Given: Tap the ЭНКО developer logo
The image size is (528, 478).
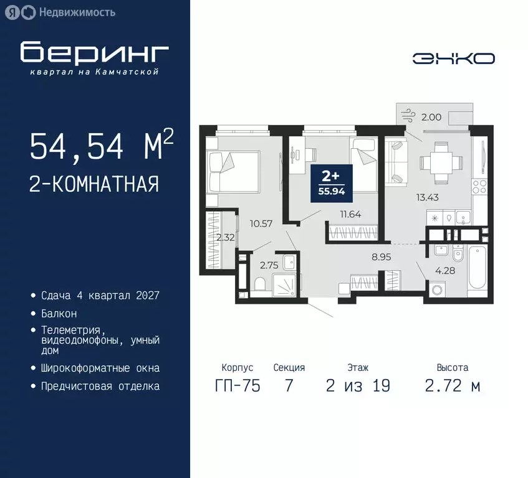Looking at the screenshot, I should tap(453, 59).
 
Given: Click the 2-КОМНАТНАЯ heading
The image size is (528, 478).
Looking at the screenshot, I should tap(94, 185).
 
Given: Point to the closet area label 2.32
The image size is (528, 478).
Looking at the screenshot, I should tap(225, 237).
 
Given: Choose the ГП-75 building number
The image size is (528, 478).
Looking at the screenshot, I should tap(237, 386).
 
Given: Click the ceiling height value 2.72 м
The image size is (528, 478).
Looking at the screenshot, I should tap(452, 386).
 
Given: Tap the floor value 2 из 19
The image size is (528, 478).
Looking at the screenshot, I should tap(358, 386).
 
